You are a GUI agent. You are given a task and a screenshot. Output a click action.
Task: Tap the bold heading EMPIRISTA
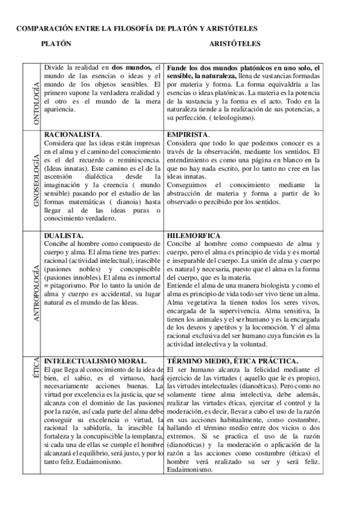pos(188,134)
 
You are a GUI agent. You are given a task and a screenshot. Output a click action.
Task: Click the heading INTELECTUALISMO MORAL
pos(96,361)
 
